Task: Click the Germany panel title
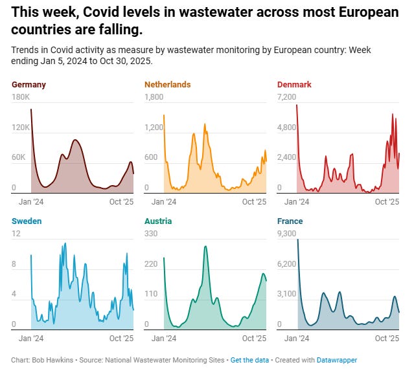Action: [29, 85]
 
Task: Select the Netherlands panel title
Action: [167, 85]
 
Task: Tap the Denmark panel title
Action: [294, 85]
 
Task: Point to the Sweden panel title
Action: [27, 221]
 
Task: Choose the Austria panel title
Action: [158, 221]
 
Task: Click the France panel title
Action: [290, 221]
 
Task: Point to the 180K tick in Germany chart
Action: [21, 97]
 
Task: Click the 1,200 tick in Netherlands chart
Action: [154, 128]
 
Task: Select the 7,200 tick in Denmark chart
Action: [286, 97]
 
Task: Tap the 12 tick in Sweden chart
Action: [16, 234]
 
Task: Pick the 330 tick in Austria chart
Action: [150, 234]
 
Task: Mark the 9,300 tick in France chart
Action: [286, 234]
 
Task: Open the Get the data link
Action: [250, 360]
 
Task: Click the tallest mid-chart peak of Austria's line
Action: [205, 247]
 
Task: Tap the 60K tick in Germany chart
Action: [19, 158]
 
